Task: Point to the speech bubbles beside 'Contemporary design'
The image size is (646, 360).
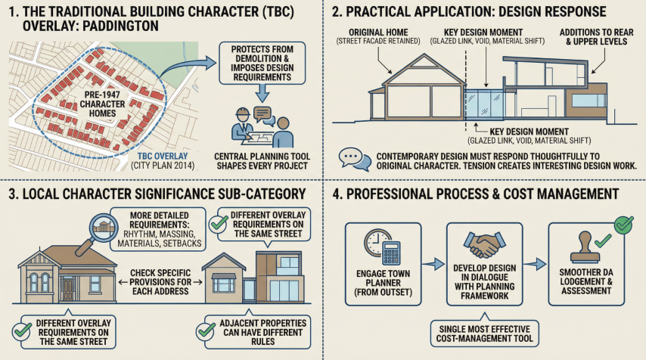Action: (351, 157)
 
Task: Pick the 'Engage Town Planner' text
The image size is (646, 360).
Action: (380, 282)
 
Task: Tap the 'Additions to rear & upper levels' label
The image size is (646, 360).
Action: (594, 37)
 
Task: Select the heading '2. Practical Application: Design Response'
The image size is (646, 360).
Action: (469, 12)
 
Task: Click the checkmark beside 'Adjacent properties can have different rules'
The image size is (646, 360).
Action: (203, 330)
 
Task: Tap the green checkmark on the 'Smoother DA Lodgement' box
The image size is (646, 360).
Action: (624, 223)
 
